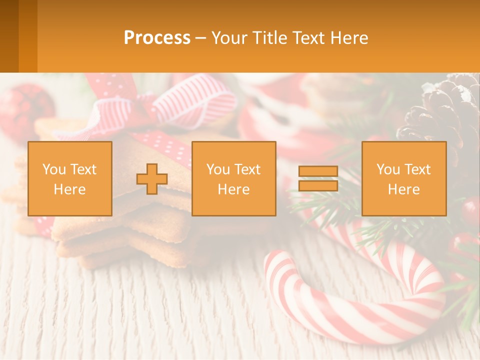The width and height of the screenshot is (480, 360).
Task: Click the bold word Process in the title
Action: (x=157, y=38)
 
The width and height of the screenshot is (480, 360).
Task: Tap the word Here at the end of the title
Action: (x=349, y=38)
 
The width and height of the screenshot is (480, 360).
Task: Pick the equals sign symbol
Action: (x=318, y=178)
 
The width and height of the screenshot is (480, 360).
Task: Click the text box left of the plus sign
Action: (x=70, y=178)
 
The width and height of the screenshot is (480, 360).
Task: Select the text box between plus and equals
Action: (x=234, y=178)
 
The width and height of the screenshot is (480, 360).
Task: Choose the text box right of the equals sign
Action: (x=404, y=178)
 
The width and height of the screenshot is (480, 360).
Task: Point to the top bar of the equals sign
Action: (x=318, y=171)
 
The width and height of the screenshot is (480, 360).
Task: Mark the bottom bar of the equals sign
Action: (x=318, y=186)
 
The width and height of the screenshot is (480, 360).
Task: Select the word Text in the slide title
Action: (x=308, y=38)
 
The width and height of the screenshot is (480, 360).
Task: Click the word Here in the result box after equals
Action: (x=404, y=189)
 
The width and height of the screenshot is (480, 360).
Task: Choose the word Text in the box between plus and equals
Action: (x=248, y=169)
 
